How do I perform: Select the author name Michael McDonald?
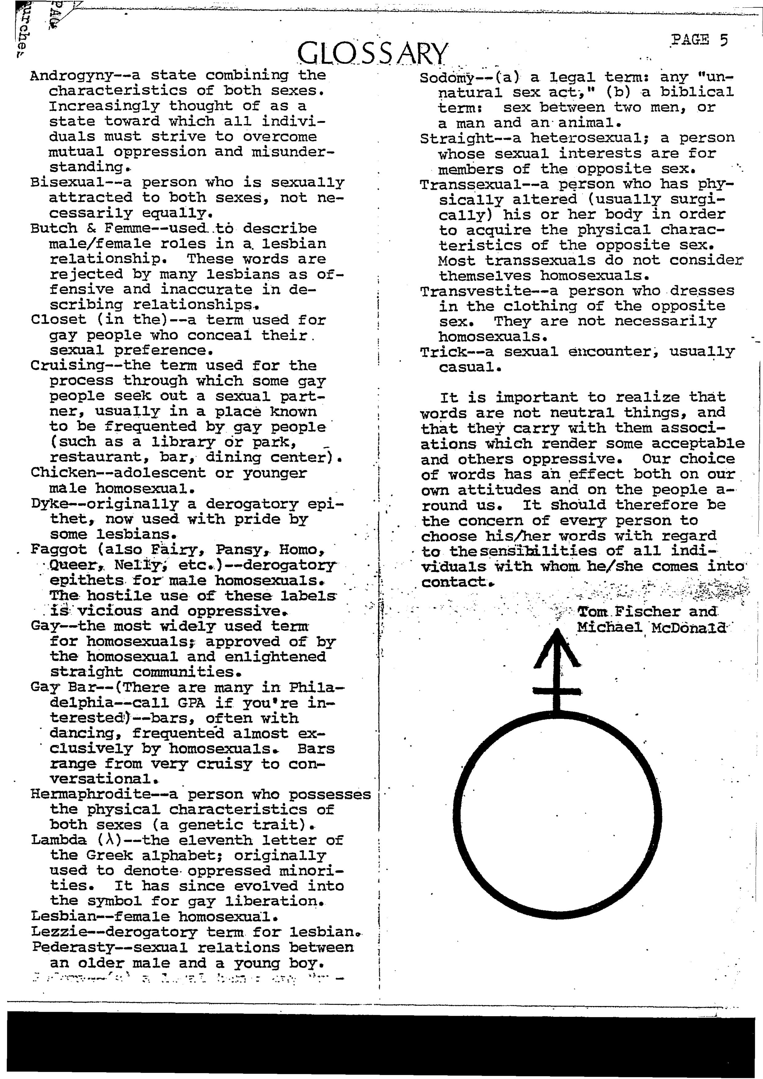pos(651,627)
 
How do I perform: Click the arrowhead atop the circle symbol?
pos(557,646)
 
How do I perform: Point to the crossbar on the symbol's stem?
pos(557,691)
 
